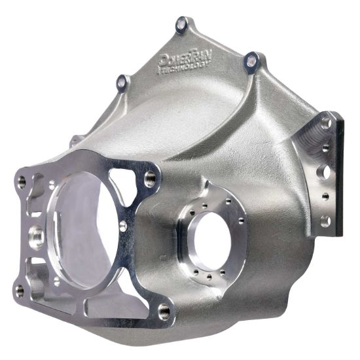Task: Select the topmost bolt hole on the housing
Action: tap(182, 25)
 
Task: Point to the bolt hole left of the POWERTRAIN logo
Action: tap(122, 81)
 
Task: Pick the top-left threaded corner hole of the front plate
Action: tap(22, 181)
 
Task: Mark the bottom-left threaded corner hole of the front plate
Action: tap(20, 289)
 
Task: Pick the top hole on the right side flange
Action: tap(325, 122)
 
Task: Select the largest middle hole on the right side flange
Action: tap(323, 172)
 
